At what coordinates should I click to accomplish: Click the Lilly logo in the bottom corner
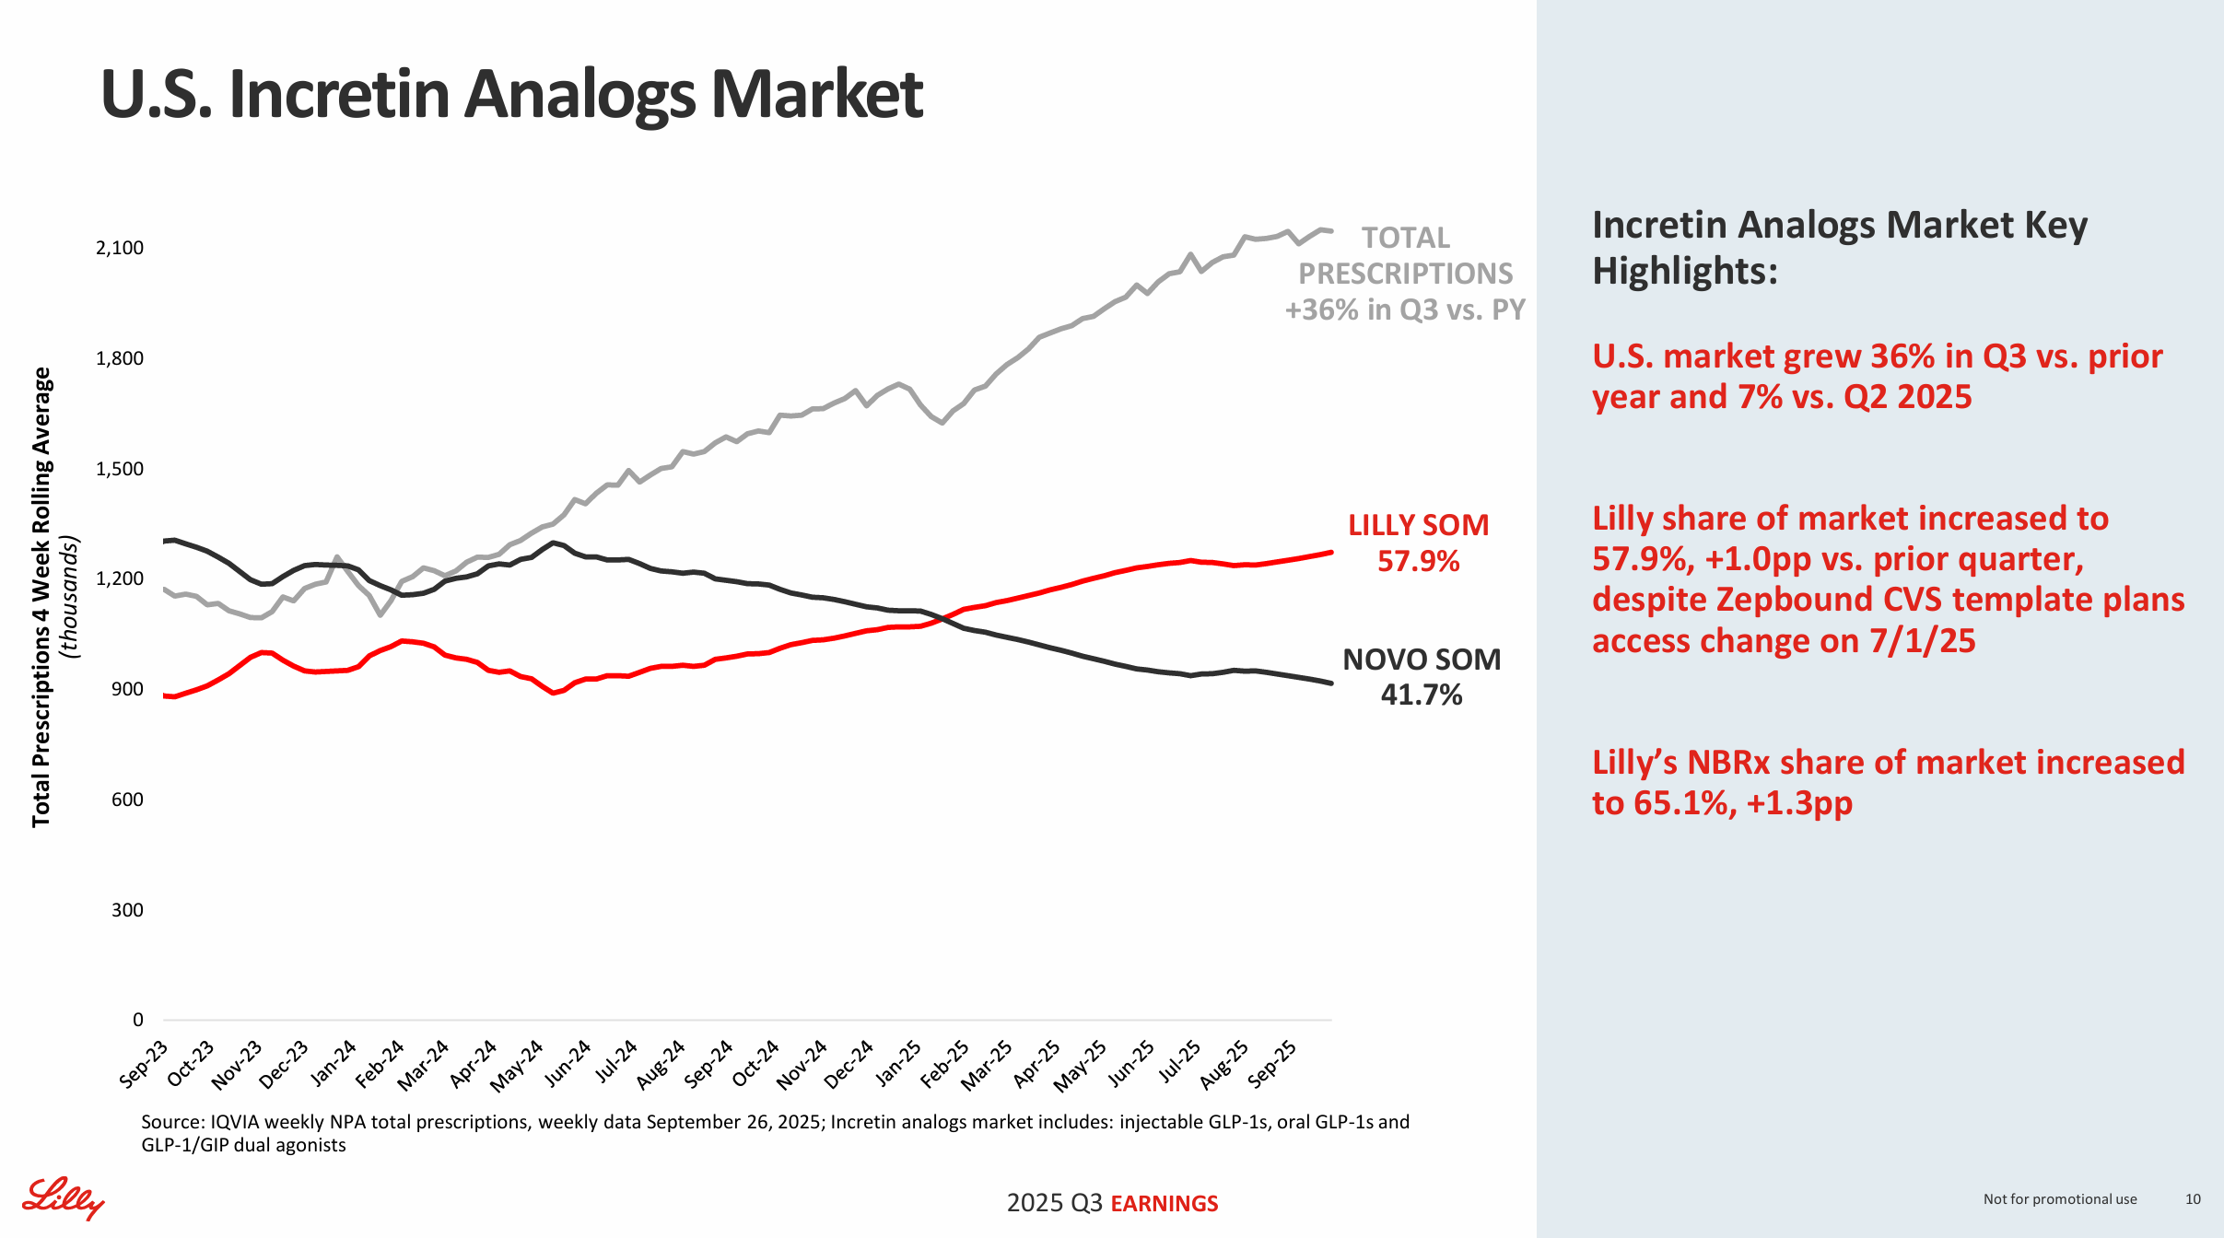click(x=63, y=1197)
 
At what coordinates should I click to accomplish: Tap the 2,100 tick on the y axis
click(x=120, y=248)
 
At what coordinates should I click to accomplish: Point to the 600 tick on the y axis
click(x=127, y=800)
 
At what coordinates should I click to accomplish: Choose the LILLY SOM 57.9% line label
click(x=1418, y=543)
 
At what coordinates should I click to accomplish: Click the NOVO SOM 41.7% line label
click(x=1421, y=677)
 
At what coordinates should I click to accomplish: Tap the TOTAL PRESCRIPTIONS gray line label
click(x=1405, y=274)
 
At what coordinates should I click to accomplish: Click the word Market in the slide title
click(x=816, y=94)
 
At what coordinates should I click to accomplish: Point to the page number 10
click(x=2193, y=1199)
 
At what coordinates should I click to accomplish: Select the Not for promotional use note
click(x=2059, y=1199)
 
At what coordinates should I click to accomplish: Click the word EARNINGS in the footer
click(x=1165, y=1204)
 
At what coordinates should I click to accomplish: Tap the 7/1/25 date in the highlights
click(x=1922, y=641)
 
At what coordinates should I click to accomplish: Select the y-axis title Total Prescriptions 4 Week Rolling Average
click(x=41, y=597)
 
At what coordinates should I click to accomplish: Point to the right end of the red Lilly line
click(x=1330, y=553)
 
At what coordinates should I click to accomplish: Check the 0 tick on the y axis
click(x=138, y=1020)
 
